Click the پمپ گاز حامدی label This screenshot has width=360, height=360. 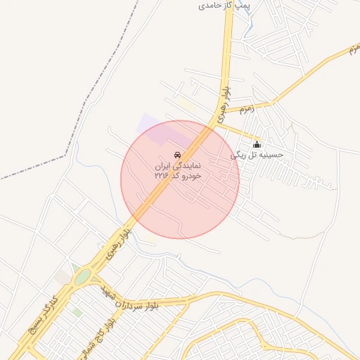click(224, 5)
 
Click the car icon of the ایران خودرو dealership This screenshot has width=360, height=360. click(177, 155)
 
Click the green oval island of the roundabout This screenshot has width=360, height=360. click(83, 277)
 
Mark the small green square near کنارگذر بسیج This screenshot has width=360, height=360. click(77, 311)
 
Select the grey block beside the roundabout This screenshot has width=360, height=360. click(63, 277)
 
